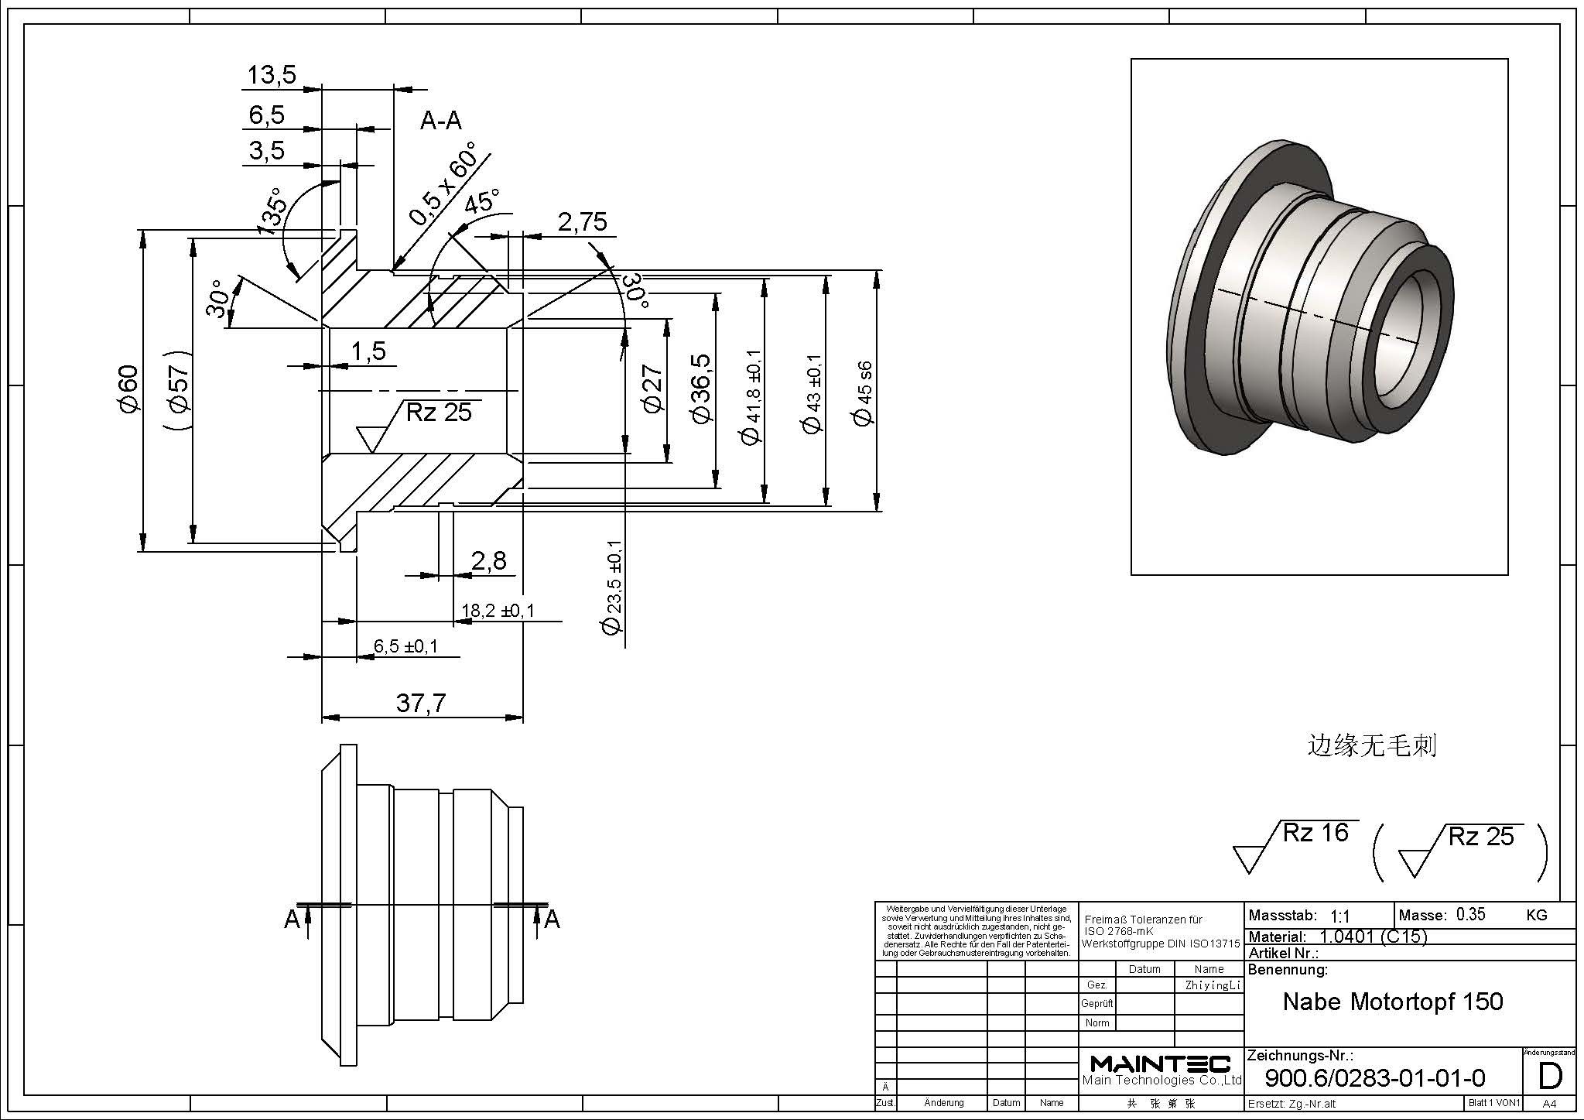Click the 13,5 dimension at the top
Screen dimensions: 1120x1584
click(272, 75)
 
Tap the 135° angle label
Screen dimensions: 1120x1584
click(272, 211)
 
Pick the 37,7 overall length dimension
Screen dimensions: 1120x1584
click(421, 703)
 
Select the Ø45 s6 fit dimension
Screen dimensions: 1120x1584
click(862, 393)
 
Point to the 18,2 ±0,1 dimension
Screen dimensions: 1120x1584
click(498, 611)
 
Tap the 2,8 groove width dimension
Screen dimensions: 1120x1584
click(488, 560)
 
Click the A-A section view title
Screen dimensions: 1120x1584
click(441, 121)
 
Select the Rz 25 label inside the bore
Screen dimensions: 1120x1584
click(439, 413)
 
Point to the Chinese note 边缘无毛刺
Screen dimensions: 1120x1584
click(1371, 745)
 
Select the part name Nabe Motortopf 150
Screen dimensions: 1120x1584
click(1393, 1002)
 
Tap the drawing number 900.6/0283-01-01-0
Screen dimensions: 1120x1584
click(1375, 1077)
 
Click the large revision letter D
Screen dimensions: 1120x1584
click(1550, 1077)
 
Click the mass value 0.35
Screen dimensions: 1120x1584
click(1470, 914)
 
